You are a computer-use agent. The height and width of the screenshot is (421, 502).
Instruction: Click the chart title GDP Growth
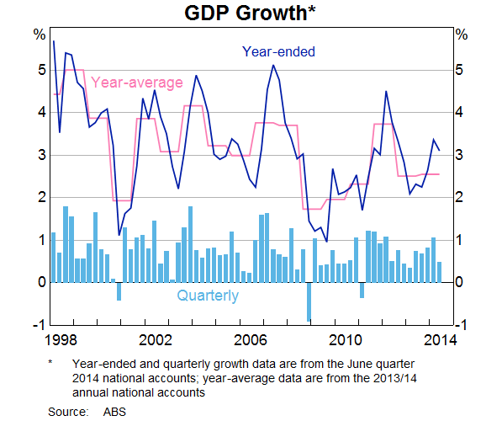coord(250,13)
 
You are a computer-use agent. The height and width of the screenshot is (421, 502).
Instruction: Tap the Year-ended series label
coord(278,52)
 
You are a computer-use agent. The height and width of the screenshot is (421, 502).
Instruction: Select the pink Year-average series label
coord(136,83)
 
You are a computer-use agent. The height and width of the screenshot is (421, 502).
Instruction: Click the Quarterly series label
coord(208,296)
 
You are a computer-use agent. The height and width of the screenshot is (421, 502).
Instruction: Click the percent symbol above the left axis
coord(39,35)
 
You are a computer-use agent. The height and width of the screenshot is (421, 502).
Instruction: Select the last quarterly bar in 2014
coord(440,272)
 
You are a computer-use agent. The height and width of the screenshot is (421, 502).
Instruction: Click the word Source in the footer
coord(68,411)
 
